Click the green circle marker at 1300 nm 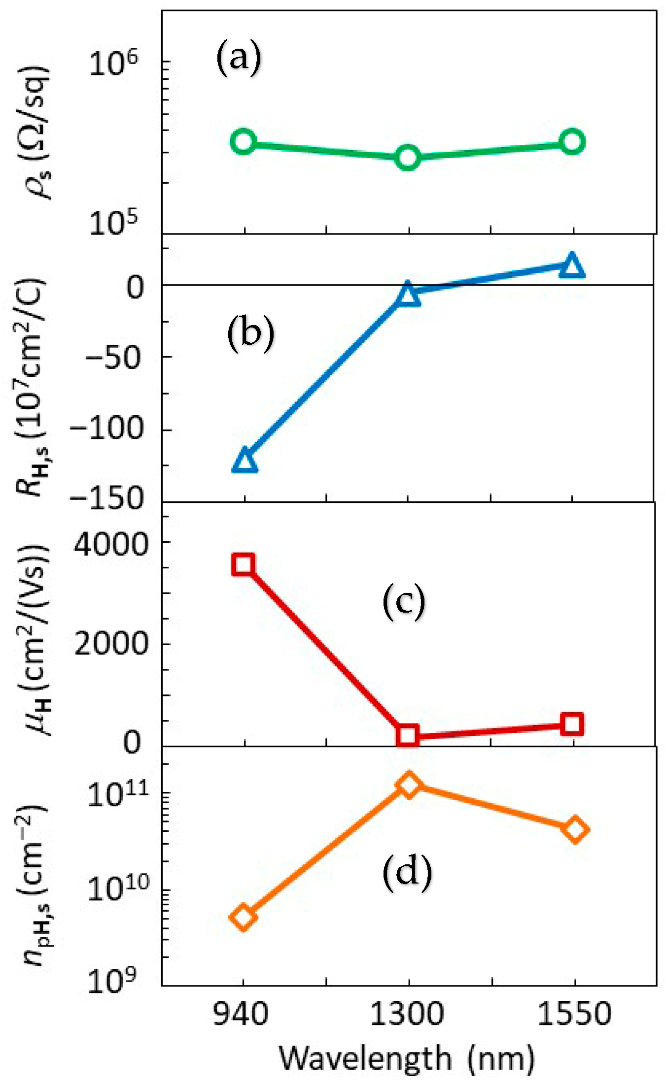click(408, 158)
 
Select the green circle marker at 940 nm click(243, 142)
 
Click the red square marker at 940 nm click(244, 564)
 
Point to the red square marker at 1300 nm click(408, 735)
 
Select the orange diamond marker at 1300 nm click(409, 784)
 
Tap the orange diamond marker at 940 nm click(244, 917)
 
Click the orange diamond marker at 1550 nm click(575, 830)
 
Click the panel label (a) click(239, 58)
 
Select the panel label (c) click(404, 602)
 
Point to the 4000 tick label click(111, 545)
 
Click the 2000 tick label click(111, 643)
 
